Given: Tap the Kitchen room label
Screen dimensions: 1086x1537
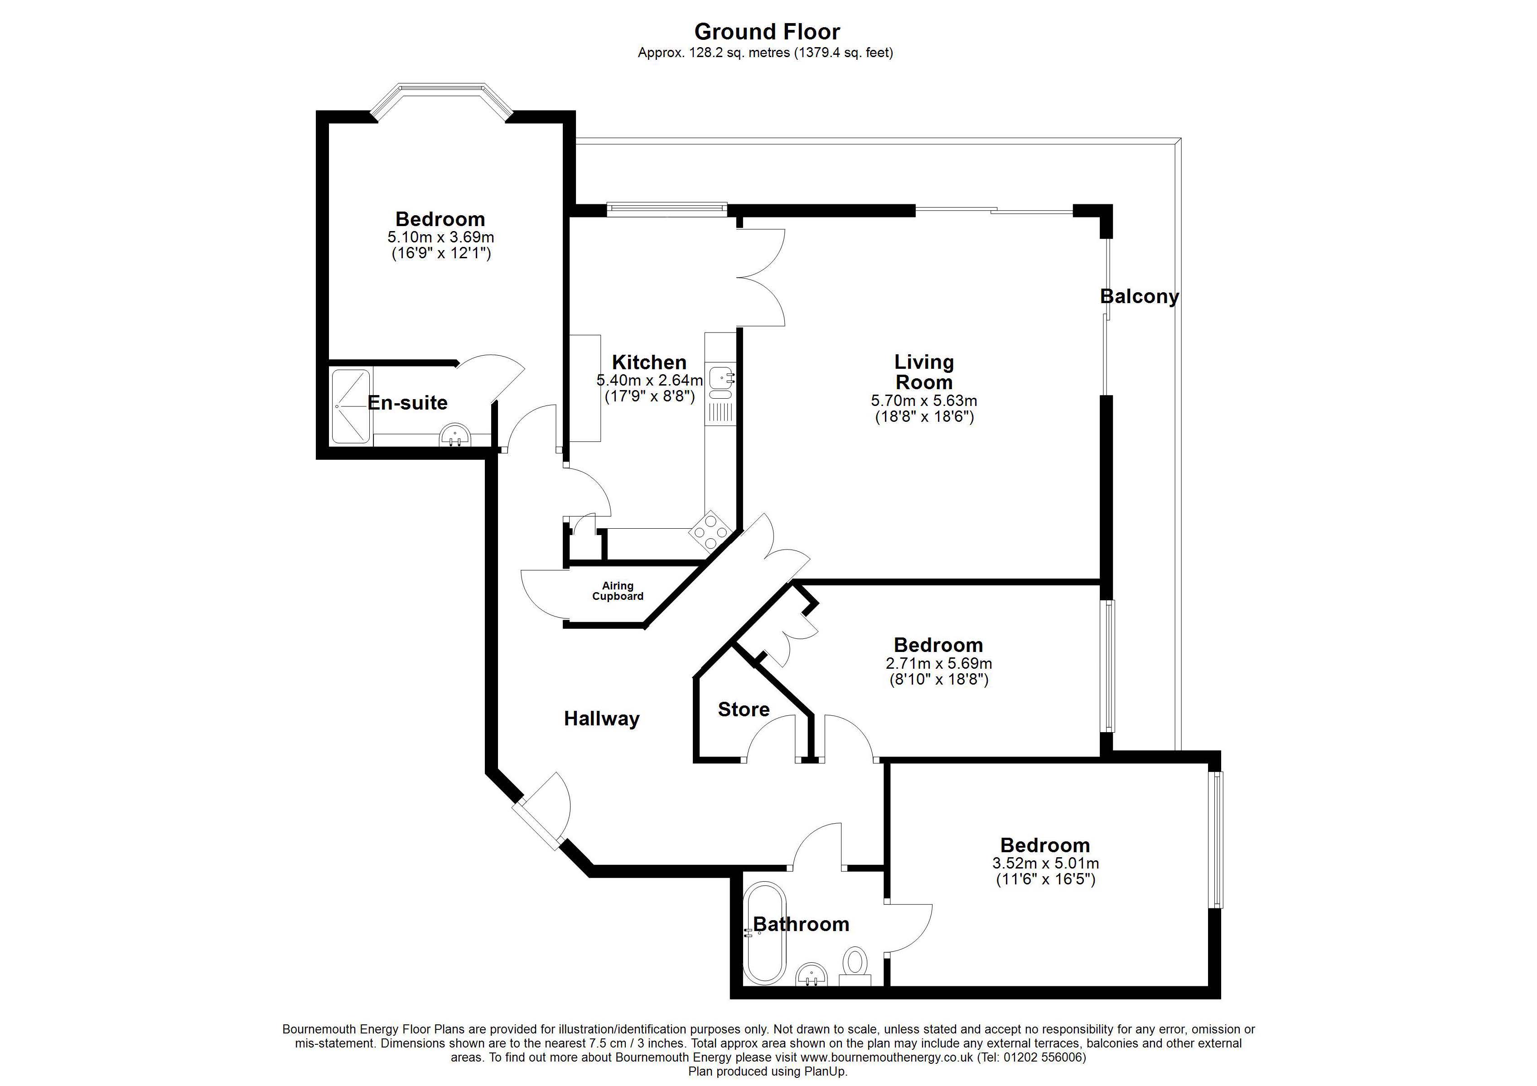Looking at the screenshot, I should click(x=649, y=362).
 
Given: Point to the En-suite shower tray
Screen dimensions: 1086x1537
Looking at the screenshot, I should click(x=350, y=406).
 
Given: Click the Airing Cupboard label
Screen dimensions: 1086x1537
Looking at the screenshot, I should click(x=617, y=591).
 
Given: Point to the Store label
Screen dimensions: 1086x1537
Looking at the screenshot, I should click(x=743, y=710).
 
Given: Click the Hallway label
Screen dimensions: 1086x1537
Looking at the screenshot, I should click(x=601, y=719).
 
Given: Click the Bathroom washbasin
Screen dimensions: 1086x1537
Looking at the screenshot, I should click(x=812, y=977).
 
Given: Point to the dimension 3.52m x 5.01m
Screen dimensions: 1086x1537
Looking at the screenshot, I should click(x=1045, y=864).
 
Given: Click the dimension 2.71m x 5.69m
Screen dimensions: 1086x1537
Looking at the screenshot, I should click(x=938, y=664).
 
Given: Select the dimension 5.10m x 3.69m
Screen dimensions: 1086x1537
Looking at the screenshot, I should click(x=440, y=237).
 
